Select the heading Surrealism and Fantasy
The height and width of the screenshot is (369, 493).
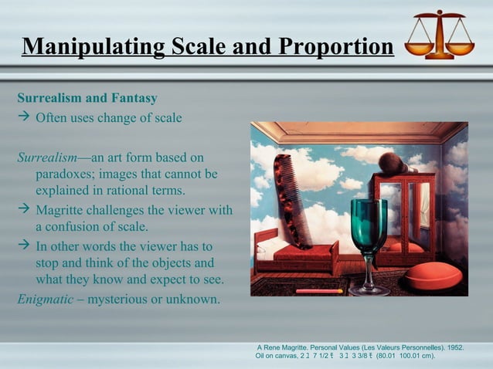[87, 99]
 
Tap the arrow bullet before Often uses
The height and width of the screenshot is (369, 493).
[23, 118]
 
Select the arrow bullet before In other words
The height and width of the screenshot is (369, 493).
[23, 246]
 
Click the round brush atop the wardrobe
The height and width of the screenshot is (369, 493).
[392, 164]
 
